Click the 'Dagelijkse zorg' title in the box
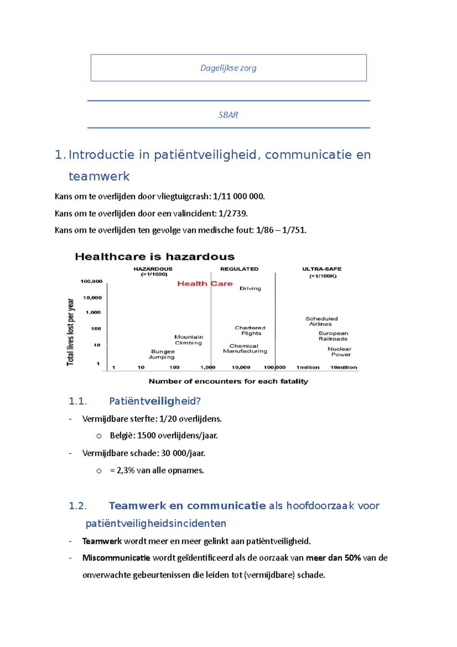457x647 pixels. tap(228, 68)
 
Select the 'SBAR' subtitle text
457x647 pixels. tap(228, 115)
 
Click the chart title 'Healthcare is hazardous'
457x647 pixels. tap(155, 256)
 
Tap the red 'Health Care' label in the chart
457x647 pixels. tap(205, 283)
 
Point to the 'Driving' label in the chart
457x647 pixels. tap(250, 288)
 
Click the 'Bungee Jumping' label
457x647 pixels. tap(162, 354)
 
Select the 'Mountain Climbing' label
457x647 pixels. tap(189, 340)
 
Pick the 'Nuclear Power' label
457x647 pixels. tap(340, 351)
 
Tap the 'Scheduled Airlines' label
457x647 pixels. tap(321, 321)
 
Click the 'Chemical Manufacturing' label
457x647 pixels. tap(244, 348)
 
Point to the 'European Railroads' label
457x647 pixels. tap(333, 336)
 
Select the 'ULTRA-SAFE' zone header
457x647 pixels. tap(322, 269)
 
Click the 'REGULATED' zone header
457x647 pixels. tap(239, 269)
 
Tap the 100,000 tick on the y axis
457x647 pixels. tap(91, 281)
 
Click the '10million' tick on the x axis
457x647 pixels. tap(344, 367)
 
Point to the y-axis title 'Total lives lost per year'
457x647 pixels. tap(70, 332)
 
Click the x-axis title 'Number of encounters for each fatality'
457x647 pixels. tap(228, 381)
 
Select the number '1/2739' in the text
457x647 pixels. tap(233, 213)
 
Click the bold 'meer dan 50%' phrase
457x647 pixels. tap(333, 558)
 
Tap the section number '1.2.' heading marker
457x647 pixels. tap(78, 506)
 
